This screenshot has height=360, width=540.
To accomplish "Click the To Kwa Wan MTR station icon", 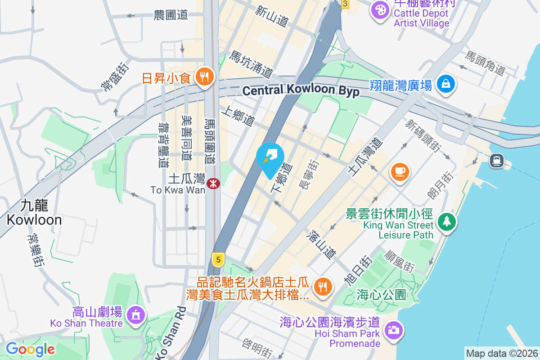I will tap(213, 183).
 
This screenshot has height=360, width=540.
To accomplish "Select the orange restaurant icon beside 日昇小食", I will tap(204, 77).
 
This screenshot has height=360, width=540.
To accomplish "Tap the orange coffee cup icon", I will tap(399, 171).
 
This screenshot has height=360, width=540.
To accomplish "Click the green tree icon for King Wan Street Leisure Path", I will tap(446, 222).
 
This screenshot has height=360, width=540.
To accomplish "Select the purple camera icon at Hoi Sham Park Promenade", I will tap(393, 330).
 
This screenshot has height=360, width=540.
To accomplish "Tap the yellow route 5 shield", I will tap(218, 259).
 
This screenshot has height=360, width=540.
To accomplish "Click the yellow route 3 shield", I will tap(345, 4).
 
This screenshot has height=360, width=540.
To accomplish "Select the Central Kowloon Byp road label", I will tap(301, 90).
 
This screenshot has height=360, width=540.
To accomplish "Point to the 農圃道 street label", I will tap(171, 15).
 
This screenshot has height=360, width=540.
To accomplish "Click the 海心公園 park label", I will tap(381, 295).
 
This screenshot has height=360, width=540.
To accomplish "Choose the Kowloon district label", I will tap(34, 213).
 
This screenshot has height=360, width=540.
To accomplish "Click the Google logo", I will tap(30, 349).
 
